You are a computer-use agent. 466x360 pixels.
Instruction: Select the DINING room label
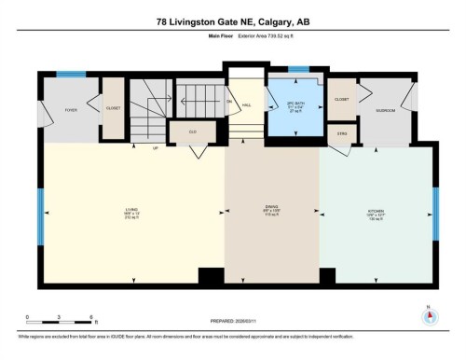tap(272, 210)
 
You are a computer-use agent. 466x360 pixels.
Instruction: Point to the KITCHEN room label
tap(377, 210)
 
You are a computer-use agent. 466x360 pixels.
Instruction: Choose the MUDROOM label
tap(386, 110)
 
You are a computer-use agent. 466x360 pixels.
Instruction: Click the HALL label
tap(247, 105)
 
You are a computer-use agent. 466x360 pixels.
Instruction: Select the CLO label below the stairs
tap(192, 132)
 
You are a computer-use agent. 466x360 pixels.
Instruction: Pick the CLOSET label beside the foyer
tap(113, 108)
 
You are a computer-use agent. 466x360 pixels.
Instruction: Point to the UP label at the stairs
tap(156, 147)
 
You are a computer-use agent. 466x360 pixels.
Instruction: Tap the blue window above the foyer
tap(71, 74)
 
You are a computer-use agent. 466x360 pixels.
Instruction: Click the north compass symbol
tap(429, 315)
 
